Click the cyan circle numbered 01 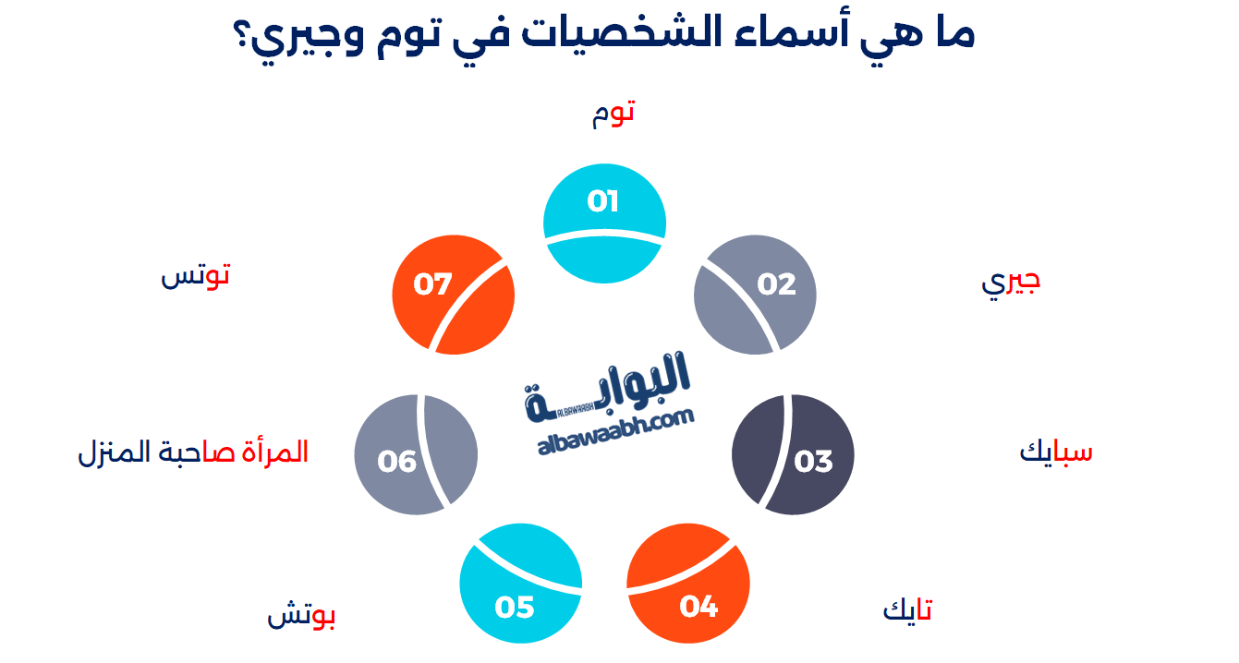604,223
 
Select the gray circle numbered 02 755,295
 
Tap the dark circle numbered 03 793,454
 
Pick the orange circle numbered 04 688,584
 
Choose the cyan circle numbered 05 520,584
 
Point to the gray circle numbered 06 416,454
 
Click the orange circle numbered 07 454,295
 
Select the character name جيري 1011,283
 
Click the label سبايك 1056,452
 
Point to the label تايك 907,609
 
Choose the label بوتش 301,614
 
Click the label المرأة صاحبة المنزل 193,452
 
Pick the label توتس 195,275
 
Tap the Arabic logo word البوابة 607,388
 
